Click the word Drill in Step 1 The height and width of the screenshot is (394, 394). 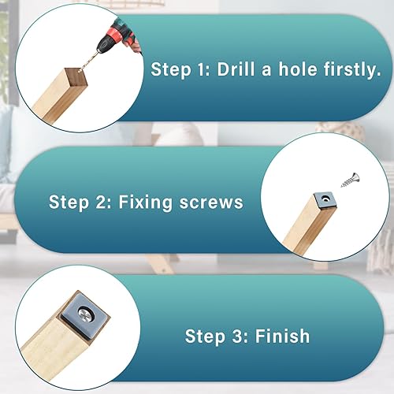click(236, 69)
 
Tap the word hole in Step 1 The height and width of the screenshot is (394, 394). click(298, 69)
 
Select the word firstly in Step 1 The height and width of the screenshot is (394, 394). click(352, 70)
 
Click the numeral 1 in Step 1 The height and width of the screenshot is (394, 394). click(203, 69)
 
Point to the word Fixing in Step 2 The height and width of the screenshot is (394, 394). click(146, 203)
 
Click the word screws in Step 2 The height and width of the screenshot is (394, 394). click(211, 203)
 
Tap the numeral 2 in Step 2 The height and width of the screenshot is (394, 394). click(102, 203)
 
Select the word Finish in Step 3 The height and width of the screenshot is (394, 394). click(282, 336)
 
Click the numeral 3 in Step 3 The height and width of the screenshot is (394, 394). click(238, 336)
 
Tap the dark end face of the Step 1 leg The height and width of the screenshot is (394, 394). click(76, 78)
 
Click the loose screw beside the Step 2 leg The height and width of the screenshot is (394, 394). click(350, 180)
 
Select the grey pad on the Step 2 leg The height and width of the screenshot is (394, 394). click(325, 200)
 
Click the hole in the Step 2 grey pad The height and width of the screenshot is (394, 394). click(326, 199)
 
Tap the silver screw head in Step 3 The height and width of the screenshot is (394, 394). click(85, 314)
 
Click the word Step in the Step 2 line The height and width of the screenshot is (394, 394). click(69, 203)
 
